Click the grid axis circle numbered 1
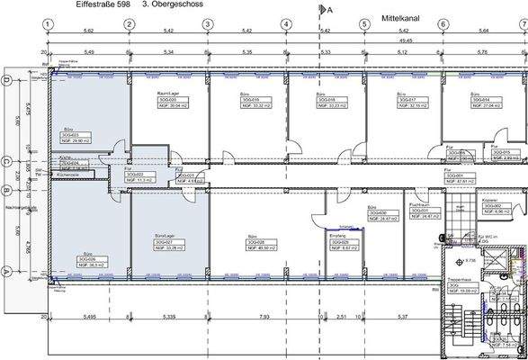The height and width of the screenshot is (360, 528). (49, 26)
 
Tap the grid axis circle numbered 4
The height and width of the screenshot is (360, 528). (286, 26)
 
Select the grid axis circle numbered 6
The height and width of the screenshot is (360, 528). (443, 26)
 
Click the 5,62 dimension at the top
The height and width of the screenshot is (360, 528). (89, 31)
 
